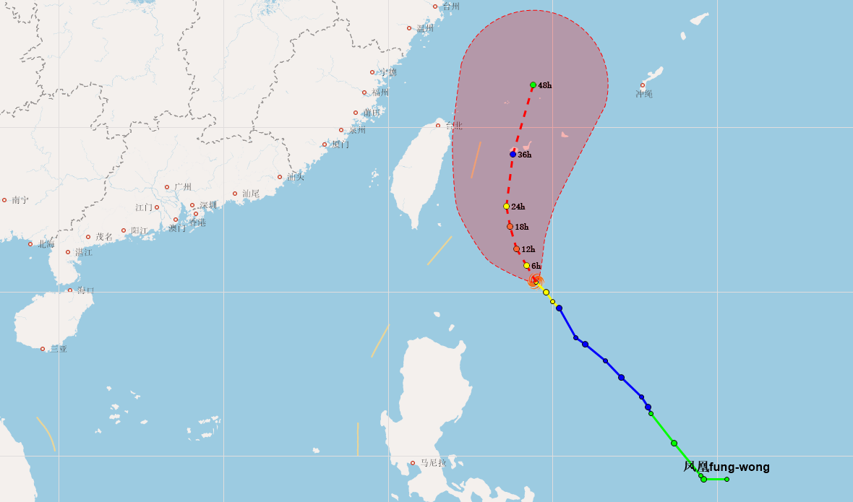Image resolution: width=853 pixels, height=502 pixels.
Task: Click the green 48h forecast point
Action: click(x=533, y=85)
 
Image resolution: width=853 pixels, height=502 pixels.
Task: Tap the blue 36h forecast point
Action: click(x=513, y=154)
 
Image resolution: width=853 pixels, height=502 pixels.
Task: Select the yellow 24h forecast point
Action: click(x=507, y=207)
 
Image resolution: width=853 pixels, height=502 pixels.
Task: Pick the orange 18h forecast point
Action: click(x=510, y=227)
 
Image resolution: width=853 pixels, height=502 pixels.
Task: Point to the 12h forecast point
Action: click(x=516, y=249)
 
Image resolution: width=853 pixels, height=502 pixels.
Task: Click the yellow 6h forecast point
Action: click(x=526, y=266)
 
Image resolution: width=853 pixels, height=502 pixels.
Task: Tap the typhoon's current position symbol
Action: click(x=535, y=281)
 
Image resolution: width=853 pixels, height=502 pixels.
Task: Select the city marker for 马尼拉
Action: click(x=413, y=463)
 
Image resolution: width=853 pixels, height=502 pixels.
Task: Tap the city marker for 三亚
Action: click(x=43, y=349)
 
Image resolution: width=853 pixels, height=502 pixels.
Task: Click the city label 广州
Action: click(x=183, y=187)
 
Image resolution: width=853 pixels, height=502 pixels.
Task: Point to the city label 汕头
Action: click(x=295, y=177)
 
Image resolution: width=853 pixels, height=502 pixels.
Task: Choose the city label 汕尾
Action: click(x=250, y=194)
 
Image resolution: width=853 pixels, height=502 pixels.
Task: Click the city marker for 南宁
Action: click(x=4, y=200)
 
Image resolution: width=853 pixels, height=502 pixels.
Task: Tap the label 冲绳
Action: click(x=644, y=94)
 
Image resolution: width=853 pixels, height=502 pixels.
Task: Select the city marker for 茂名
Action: click(x=88, y=237)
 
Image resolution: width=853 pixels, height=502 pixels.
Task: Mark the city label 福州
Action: click(x=380, y=92)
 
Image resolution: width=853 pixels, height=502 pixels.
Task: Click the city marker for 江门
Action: click(x=156, y=207)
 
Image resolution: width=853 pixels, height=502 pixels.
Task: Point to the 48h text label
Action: click(x=545, y=85)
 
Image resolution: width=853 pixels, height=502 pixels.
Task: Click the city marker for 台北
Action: click(x=437, y=126)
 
